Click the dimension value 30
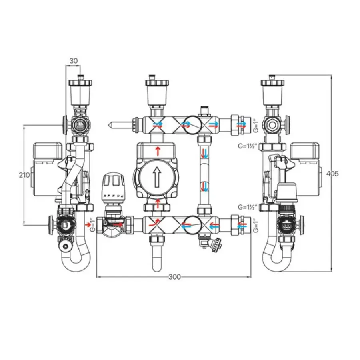(73, 61)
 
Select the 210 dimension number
(25, 174)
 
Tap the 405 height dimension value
(332, 174)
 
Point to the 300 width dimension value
(174, 276)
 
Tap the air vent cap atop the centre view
(156, 84)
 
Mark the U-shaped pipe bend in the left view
(76, 262)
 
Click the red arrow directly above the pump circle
(158, 151)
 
